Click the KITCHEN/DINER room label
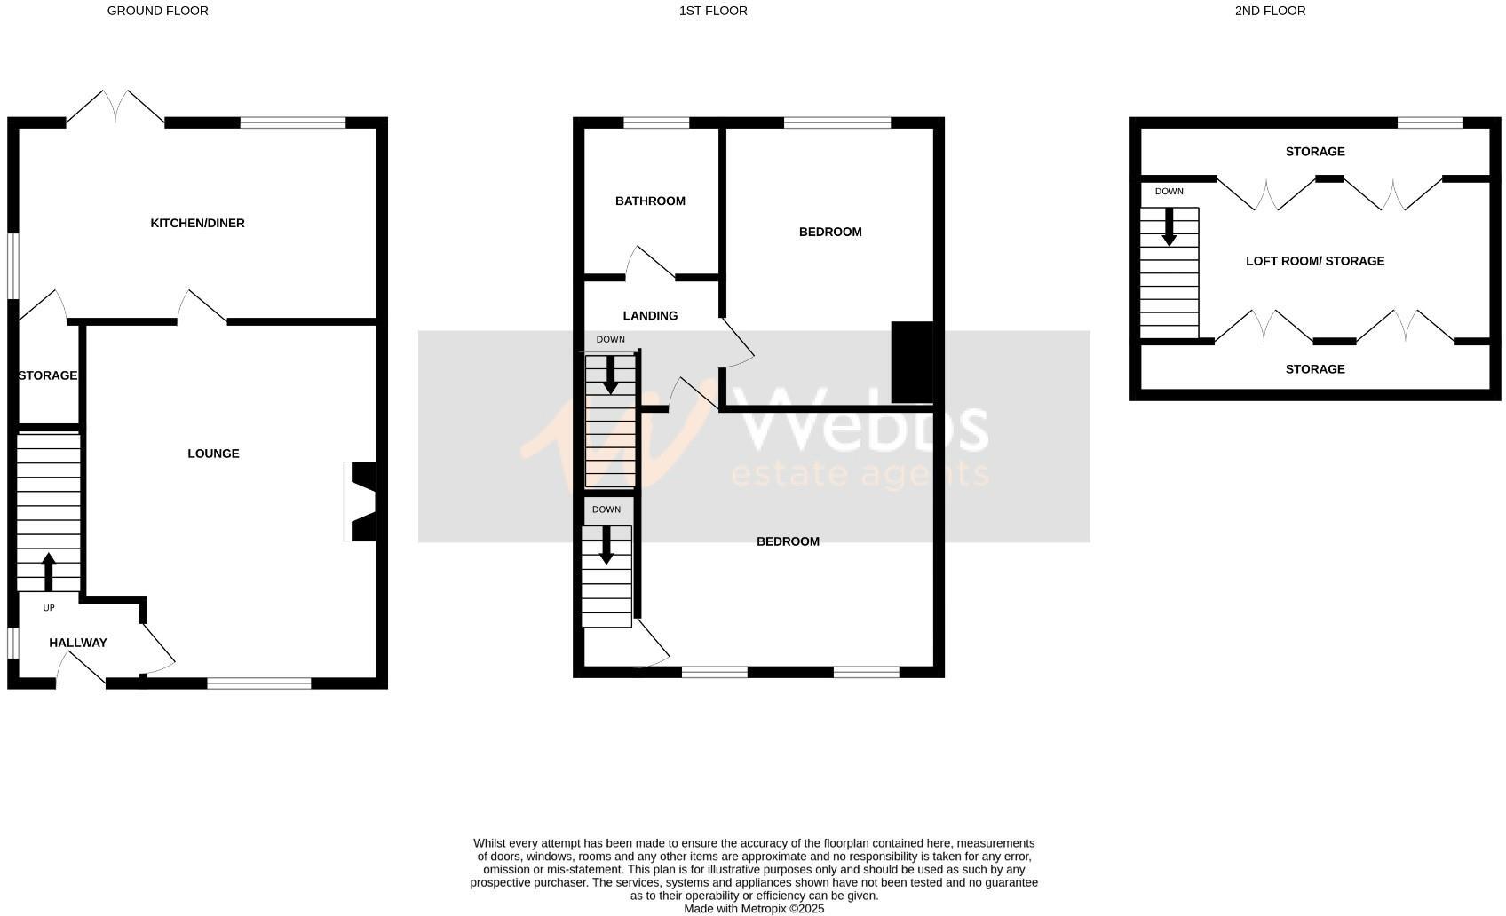point(197,223)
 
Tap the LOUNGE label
point(213,454)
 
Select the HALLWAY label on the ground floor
point(78,643)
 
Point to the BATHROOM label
point(650,201)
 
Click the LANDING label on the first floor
point(650,316)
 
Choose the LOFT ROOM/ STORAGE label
point(1315,261)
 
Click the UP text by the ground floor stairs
point(49,608)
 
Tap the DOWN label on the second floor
point(1169,192)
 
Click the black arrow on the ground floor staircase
point(49,571)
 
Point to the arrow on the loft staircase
point(1169,227)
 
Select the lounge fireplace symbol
point(361,501)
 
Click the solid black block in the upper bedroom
point(912,362)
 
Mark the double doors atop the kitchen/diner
point(115,107)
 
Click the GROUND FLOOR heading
point(158,11)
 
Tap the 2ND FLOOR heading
point(1270,11)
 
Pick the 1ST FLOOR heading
point(713,11)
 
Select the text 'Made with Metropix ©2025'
point(754,909)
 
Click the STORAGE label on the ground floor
point(48,375)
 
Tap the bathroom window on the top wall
point(656,122)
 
